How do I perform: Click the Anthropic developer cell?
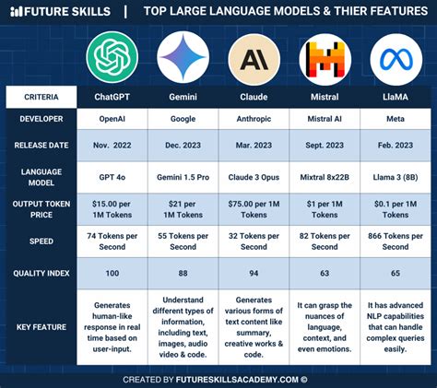click(254, 119)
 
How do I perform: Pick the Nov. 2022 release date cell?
click(112, 146)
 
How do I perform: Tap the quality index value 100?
click(112, 273)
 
